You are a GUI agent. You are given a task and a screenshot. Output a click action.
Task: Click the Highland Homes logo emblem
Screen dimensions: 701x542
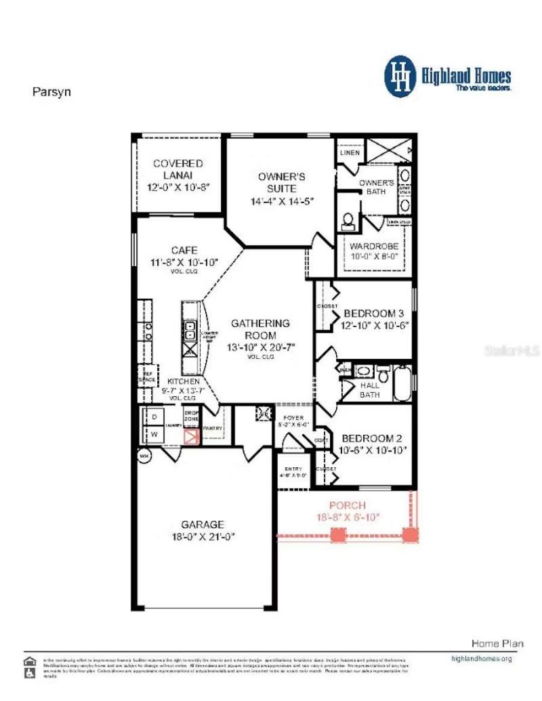point(400,76)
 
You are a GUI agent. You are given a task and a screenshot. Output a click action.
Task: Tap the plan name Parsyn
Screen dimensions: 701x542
point(51,92)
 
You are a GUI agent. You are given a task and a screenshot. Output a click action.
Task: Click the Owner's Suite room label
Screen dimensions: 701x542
point(277,182)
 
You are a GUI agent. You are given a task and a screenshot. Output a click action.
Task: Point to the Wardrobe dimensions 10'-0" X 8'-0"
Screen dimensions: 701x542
point(374,257)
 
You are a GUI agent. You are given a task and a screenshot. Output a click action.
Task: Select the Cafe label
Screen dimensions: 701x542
point(184,250)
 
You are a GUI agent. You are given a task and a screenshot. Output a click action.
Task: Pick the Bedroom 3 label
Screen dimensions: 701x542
point(374,314)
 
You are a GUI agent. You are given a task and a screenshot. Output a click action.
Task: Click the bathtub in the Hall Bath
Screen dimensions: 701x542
point(402,384)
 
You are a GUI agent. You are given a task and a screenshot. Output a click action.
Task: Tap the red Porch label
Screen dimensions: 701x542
point(348,505)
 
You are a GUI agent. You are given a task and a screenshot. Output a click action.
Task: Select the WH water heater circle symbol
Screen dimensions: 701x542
point(144,456)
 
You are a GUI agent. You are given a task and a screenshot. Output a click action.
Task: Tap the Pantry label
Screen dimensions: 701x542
point(213,429)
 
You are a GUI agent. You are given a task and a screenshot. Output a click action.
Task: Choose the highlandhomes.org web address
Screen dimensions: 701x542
point(482,658)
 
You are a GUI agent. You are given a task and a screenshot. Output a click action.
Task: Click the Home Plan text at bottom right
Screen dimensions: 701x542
point(497,643)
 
